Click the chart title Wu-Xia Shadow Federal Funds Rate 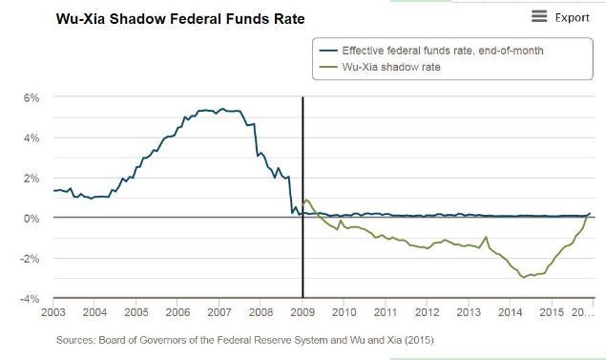[180, 18]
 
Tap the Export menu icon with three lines [539, 16]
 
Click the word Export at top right [572, 17]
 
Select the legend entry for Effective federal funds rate [431, 51]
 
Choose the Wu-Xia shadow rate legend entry [380, 67]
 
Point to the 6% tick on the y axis [31, 97]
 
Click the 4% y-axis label [31, 138]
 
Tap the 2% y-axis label [31, 179]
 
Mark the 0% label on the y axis [31, 219]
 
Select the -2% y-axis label [30, 259]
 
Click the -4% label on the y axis [30, 299]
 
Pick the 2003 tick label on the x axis [53, 312]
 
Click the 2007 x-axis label [219, 312]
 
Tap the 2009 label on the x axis [303, 312]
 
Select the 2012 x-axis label [427, 312]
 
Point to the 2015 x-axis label [552, 312]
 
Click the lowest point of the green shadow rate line [524, 277]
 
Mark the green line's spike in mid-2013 [486, 237]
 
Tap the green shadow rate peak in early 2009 [306, 200]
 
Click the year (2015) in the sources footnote [419, 340]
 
